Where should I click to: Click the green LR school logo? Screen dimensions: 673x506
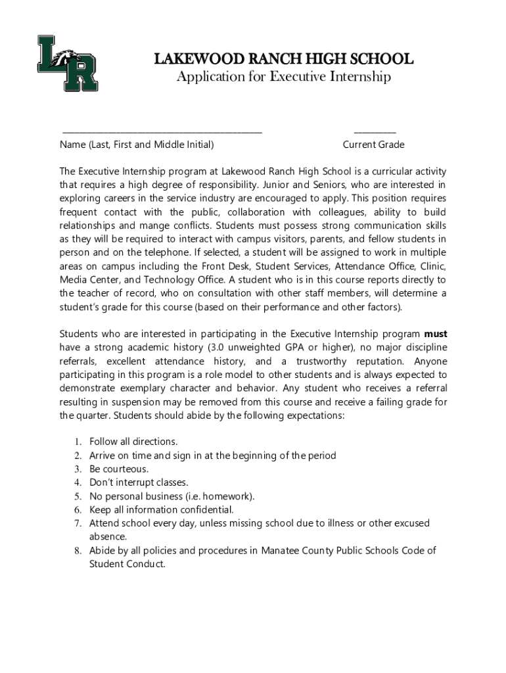point(67,62)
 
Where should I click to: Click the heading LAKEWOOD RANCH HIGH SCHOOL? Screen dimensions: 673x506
point(283,59)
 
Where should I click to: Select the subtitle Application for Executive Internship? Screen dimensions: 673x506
point(283,77)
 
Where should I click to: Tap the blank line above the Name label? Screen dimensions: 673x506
point(161,132)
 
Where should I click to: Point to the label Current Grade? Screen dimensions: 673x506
point(373,145)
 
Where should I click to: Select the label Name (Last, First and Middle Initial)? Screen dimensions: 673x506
point(137,145)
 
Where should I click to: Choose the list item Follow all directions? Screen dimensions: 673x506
point(133,442)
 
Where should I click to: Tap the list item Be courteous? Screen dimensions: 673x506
point(119,469)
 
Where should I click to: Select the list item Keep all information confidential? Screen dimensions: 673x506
point(161,510)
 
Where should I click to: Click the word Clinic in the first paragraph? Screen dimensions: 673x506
point(431,266)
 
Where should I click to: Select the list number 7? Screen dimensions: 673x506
point(77,524)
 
